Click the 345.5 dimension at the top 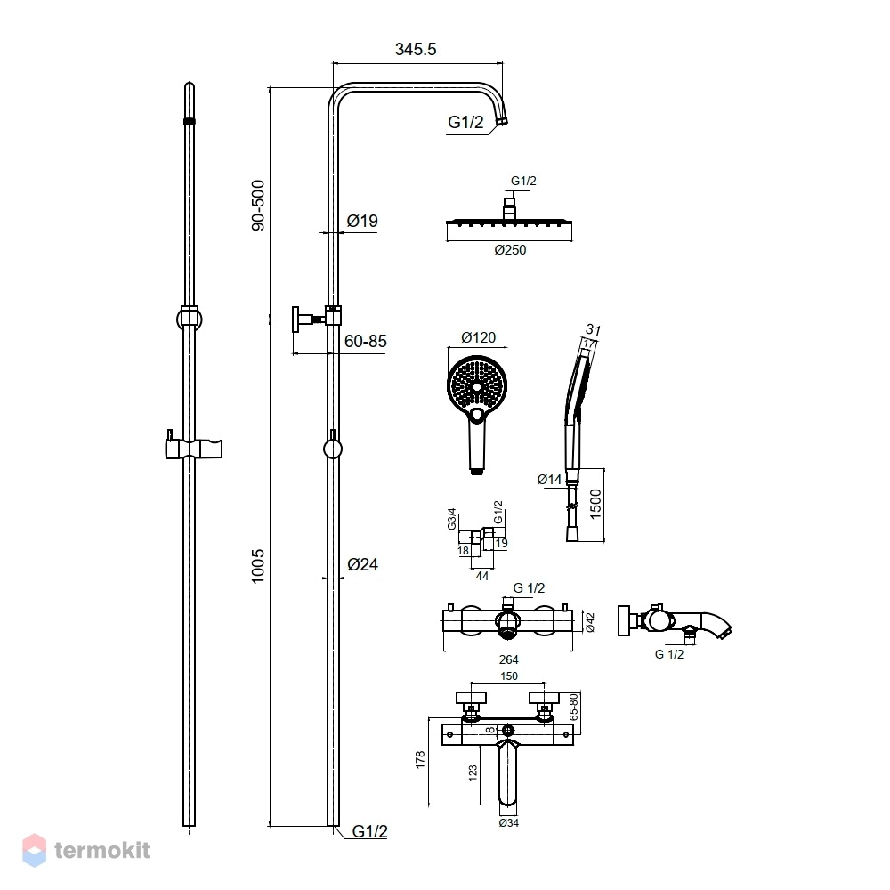[416, 49]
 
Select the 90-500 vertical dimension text [258, 205]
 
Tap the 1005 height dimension [258, 566]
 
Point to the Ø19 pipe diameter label [362, 221]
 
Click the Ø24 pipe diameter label [363, 564]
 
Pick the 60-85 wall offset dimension [366, 341]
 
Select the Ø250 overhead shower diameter [510, 250]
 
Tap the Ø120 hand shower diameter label [479, 337]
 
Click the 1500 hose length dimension [595, 504]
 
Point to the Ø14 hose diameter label [549, 480]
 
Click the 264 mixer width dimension [508, 659]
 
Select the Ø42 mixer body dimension [590, 622]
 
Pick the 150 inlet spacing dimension [509, 676]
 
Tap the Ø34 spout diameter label [508, 822]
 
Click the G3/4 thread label [452, 519]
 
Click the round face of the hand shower [477, 387]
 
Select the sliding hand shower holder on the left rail [193, 448]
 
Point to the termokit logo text [102, 850]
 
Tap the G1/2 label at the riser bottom [369, 831]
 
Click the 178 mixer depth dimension [420, 759]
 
